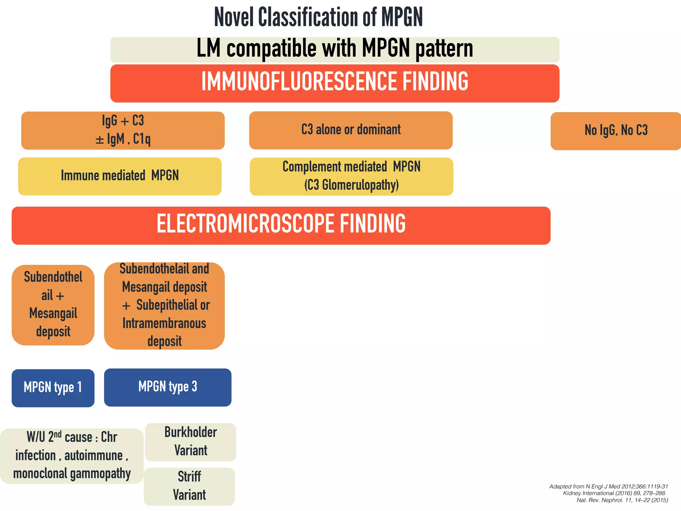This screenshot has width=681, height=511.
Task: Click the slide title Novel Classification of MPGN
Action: tap(318, 17)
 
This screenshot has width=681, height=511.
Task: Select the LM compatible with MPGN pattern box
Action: tap(335, 49)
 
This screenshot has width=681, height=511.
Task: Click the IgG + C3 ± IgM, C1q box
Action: tap(123, 130)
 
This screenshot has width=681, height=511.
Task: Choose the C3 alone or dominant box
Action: tap(351, 130)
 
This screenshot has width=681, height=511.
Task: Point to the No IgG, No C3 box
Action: tap(616, 130)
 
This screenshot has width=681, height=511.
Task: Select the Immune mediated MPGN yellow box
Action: tap(120, 176)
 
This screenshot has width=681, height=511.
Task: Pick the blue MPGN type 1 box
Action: tap(53, 388)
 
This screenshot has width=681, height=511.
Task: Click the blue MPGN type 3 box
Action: tap(168, 387)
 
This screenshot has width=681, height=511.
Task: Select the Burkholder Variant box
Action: tap(191, 441)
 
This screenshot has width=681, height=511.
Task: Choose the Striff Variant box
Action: tap(189, 486)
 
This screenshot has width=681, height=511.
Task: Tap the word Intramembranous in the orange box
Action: tap(164, 323)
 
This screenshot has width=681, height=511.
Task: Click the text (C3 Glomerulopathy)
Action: tap(351, 185)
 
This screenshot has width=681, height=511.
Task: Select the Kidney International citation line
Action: tap(614, 493)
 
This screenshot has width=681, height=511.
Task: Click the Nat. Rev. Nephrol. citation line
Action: tap(622, 500)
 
